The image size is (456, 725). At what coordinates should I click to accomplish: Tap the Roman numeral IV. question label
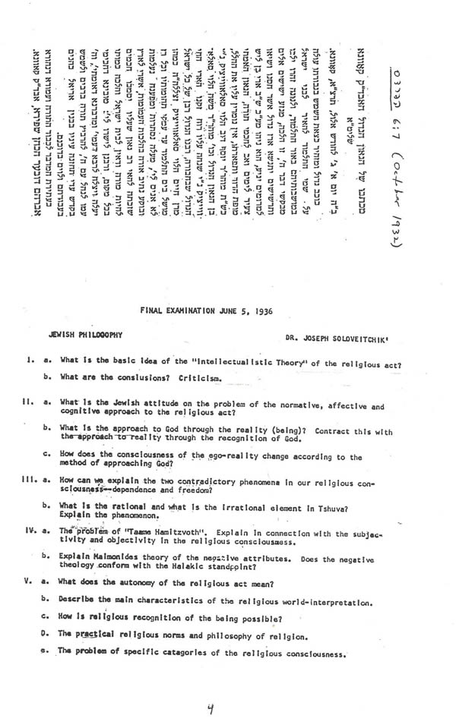(23, 530)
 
